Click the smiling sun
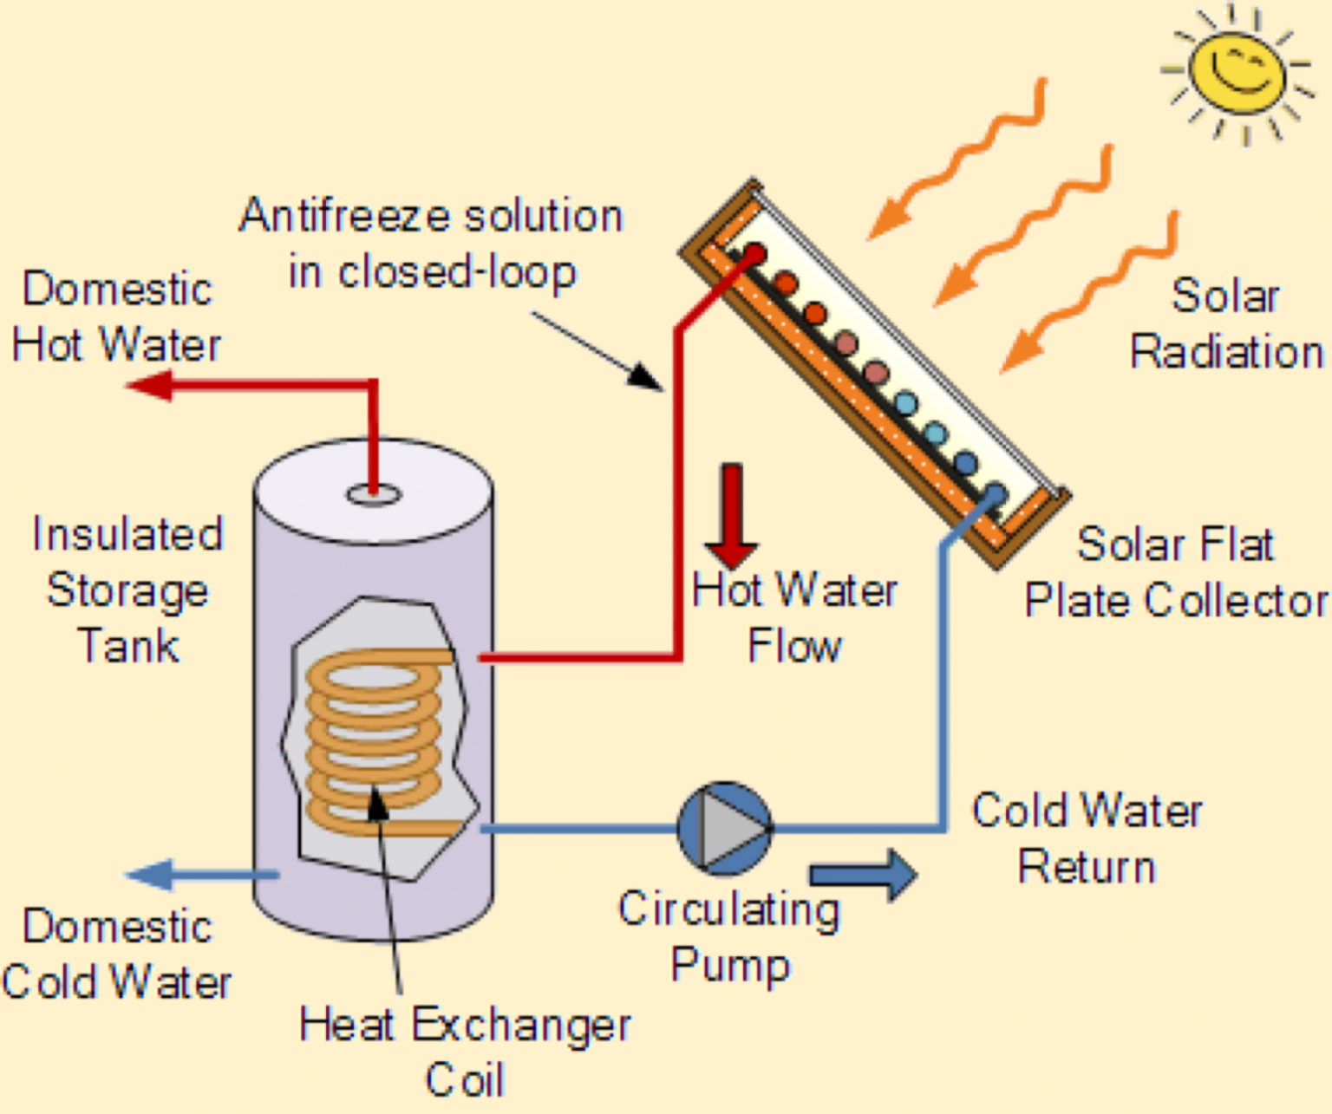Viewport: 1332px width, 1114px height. [1237, 71]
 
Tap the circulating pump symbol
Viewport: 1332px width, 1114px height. [724, 829]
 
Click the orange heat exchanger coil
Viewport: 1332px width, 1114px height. [375, 737]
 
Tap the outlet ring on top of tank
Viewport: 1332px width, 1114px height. [374, 495]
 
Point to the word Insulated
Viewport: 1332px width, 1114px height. [127, 533]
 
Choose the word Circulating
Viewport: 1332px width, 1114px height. [728, 910]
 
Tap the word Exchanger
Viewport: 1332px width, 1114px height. [520, 1026]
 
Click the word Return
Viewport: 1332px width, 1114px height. [1087, 867]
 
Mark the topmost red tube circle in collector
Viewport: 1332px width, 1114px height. [754, 255]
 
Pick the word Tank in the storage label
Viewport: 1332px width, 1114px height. [128, 646]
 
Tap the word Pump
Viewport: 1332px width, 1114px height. [730, 965]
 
